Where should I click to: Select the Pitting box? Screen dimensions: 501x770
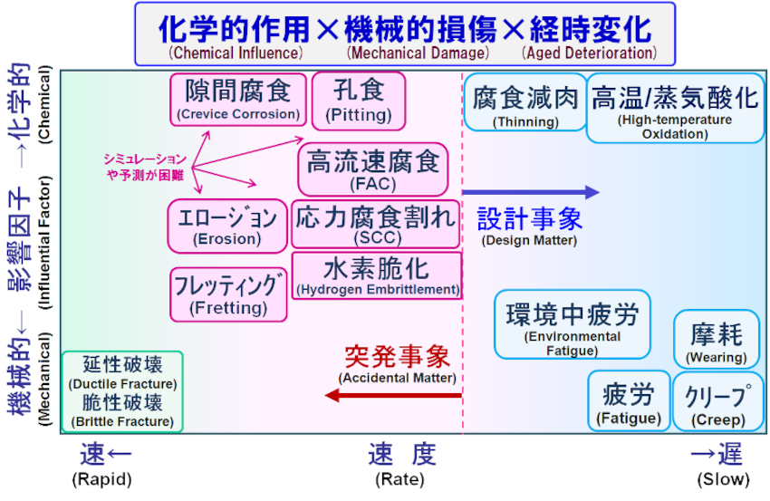click(x=359, y=100)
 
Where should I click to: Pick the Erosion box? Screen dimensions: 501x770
click(x=227, y=226)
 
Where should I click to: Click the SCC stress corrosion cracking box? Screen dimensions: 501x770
click(x=376, y=225)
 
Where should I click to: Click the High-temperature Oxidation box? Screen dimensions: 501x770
click(x=675, y=108)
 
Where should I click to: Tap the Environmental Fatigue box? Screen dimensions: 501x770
click(x=572, y=324)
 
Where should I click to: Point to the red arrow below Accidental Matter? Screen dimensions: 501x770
click(x=394, y=395)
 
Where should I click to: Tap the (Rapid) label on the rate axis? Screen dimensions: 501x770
click(x=101, y=479)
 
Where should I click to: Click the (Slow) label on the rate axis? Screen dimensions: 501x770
click(x=723, y=479)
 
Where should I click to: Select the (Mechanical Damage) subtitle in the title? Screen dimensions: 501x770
click(x=406, y=53)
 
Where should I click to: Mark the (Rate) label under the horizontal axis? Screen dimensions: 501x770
click(x=399, y=479)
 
